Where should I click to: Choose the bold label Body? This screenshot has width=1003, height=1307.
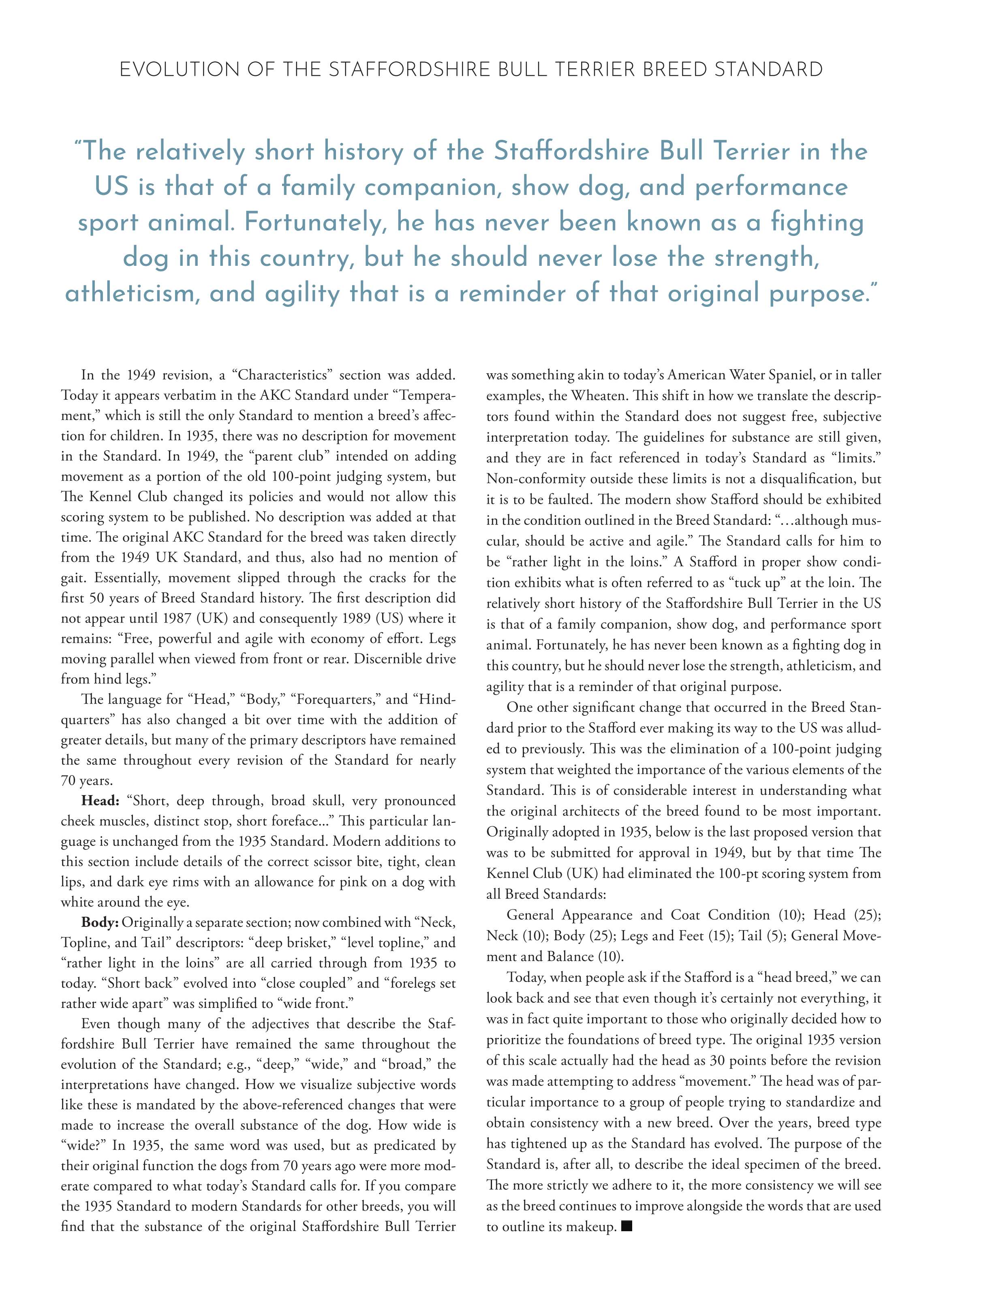tap(100, 922)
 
